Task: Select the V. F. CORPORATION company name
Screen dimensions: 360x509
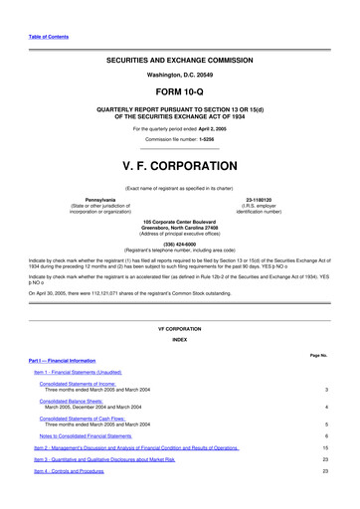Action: [180, 165]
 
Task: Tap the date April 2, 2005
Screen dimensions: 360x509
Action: [220, 128]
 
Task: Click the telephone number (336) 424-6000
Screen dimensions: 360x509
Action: [180, 243]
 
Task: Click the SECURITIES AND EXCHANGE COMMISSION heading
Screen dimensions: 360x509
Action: [180, 61]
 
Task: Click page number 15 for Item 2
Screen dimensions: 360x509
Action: [325, 448]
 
